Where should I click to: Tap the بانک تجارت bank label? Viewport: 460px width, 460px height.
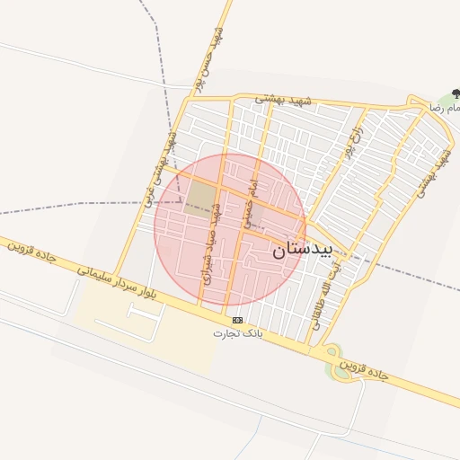point(235,333)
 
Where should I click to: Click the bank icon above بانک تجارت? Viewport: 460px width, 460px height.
point(237,320)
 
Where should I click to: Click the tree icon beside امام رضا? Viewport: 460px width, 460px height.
point(456,93)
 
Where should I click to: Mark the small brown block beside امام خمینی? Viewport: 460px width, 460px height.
point(255,216)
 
